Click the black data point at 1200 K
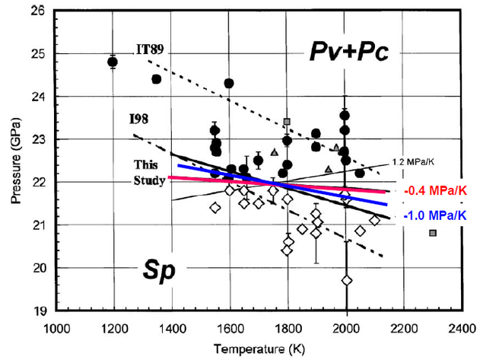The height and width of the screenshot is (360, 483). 113,62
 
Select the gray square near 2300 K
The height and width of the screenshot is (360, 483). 433,233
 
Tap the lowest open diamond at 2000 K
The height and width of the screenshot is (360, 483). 347,281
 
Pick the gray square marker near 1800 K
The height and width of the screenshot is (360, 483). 287,122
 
